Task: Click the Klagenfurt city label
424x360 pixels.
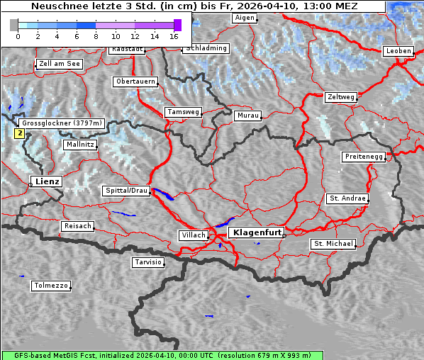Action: (257, 232)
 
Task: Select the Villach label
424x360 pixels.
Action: (193, 235)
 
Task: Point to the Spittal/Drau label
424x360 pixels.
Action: (126, 191)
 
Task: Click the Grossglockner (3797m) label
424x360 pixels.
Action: (62, 123)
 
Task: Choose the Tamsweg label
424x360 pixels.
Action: (184, 112)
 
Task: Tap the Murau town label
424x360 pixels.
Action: (248, 115)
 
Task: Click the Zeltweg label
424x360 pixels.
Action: (341, 97)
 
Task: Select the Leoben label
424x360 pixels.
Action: (398, 51)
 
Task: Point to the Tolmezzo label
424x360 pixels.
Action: (51, 286)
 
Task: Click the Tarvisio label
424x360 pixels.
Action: (148, 262)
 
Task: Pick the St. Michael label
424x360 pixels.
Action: (333, 244)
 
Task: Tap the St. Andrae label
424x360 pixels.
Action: (347, 198)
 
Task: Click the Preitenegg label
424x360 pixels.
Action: (364, 157)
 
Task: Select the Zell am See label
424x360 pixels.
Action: (59, 64)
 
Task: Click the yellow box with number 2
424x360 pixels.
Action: (20, 133)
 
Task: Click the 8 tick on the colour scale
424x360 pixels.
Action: (96, 35)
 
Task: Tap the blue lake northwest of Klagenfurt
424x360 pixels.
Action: (225, 221)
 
